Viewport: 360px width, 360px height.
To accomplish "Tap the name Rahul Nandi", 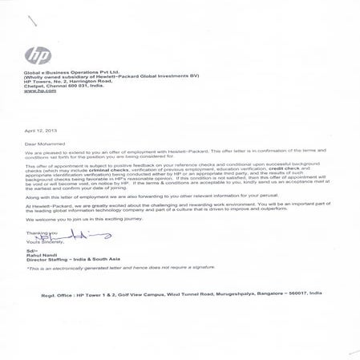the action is (x=40, y=253).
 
